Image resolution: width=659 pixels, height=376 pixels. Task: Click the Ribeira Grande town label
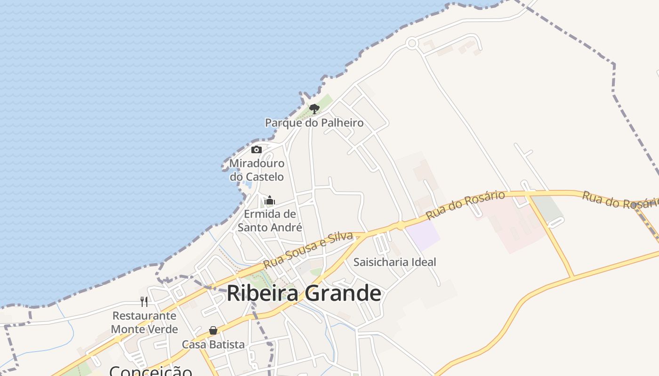coord(304,293)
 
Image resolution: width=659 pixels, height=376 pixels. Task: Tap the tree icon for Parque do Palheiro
coord(314,109)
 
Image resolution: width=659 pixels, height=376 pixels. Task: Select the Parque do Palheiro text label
coord(314,123)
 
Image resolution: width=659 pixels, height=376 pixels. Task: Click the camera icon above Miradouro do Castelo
coord(257,149)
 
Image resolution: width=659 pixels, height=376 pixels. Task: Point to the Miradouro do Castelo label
coord(257,170)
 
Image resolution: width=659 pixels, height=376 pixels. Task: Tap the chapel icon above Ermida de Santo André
coord(270,201)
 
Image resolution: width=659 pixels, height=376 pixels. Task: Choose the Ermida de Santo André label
coord(270,220)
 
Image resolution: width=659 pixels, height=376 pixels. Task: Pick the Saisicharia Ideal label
coord(394,262)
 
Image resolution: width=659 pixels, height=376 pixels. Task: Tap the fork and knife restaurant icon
coord(144,301)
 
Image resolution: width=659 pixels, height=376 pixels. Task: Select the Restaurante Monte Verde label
coord(145,322)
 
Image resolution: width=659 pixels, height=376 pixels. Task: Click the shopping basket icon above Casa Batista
coord(213,330)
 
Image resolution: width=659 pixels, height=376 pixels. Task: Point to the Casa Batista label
coord(213,345)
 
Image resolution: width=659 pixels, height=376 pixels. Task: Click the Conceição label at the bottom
coord(151,370)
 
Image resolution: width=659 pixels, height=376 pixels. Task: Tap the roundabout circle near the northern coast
coord(412,44)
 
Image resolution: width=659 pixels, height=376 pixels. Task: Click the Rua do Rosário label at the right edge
coord(619,199)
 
